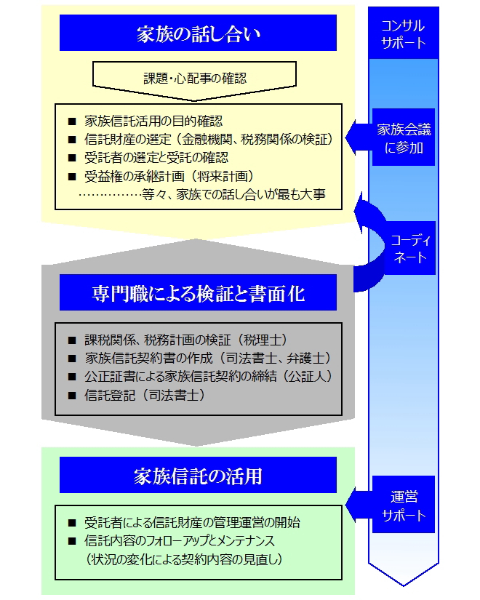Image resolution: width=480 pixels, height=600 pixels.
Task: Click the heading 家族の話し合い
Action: coord(198,33)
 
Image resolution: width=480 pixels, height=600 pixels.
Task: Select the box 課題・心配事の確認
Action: coord(194,79)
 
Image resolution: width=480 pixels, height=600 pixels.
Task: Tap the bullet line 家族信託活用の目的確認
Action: coord(153,121)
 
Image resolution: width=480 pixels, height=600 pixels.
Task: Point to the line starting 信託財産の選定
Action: coord(208,140)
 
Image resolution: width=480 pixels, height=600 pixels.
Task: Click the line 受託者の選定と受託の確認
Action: coord(156,157)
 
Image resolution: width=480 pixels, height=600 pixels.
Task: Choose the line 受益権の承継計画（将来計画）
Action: coord(169,176)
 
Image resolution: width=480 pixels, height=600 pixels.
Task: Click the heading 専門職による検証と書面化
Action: coord(198,293)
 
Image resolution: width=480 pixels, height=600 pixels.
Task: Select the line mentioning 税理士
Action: coord(186,340)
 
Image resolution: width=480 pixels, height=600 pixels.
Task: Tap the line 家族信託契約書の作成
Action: coord(208,358)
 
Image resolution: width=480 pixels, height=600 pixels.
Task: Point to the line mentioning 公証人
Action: coord(209,377)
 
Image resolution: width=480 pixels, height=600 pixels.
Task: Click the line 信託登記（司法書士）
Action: coord(145,395)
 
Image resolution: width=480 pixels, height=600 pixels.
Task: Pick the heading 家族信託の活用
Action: coord(198,475)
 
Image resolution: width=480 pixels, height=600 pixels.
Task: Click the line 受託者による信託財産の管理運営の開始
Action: coord(192,522)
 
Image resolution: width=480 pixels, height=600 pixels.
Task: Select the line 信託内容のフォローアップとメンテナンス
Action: coord(180,540)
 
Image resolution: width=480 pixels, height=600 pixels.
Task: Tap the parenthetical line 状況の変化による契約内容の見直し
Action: coord(185,559)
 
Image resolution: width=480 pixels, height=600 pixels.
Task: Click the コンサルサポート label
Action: coord(404,33)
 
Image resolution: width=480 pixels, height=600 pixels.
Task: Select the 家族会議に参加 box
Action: coord(404,137)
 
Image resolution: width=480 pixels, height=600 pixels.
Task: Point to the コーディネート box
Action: coord(409,248)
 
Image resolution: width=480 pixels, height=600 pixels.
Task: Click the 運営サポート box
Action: coord(404,504)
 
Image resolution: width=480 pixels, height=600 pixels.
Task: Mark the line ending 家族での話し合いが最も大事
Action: coord(202,194)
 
